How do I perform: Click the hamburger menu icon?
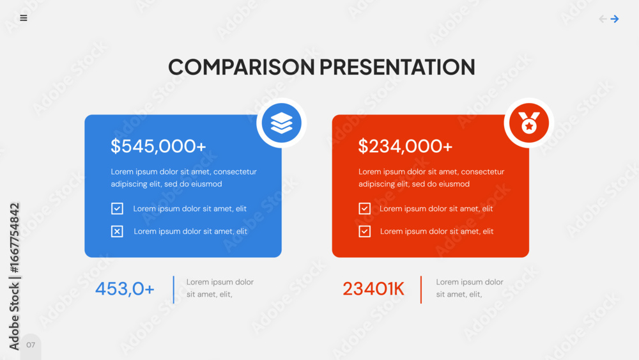coord(24,18)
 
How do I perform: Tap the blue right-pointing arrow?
coord(615,19)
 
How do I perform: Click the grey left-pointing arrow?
coord(603,19)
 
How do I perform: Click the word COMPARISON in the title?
coord(242,67)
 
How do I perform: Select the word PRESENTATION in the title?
coord(397,67)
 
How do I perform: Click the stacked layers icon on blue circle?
coord(282,123)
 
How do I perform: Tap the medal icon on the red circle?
coord(529,123)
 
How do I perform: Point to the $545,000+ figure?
coord(158,146)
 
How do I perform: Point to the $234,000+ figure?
coord(406,146)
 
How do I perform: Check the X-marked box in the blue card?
coord(117,231)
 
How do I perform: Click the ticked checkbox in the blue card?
coord(117,208)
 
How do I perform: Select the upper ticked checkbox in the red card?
coord(364,208)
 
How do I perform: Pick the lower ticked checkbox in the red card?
coord(364,231)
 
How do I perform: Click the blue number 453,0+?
coord(125,289)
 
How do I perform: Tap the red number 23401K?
coord(373,289)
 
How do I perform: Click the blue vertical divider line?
coord(174,290)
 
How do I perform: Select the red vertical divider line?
coord(421,290)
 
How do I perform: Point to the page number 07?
coord(31,345)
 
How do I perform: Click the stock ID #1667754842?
coord(14,238)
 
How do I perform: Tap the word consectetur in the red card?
coord(482,171)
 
